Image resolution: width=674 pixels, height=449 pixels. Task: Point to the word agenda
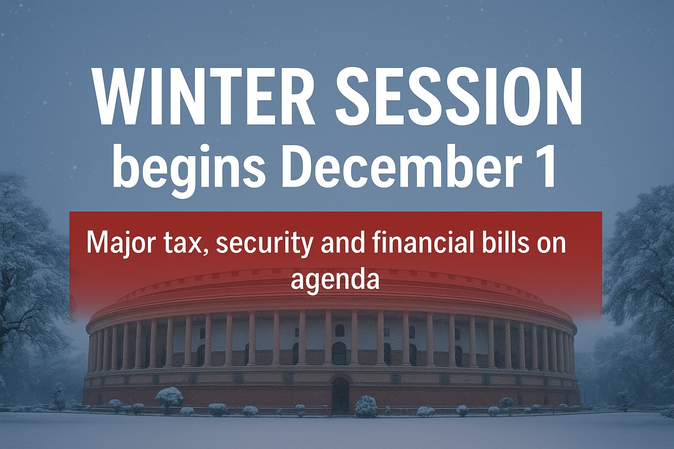[x=335, y=280]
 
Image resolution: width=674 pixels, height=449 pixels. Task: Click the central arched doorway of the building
[x=340, y=395]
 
